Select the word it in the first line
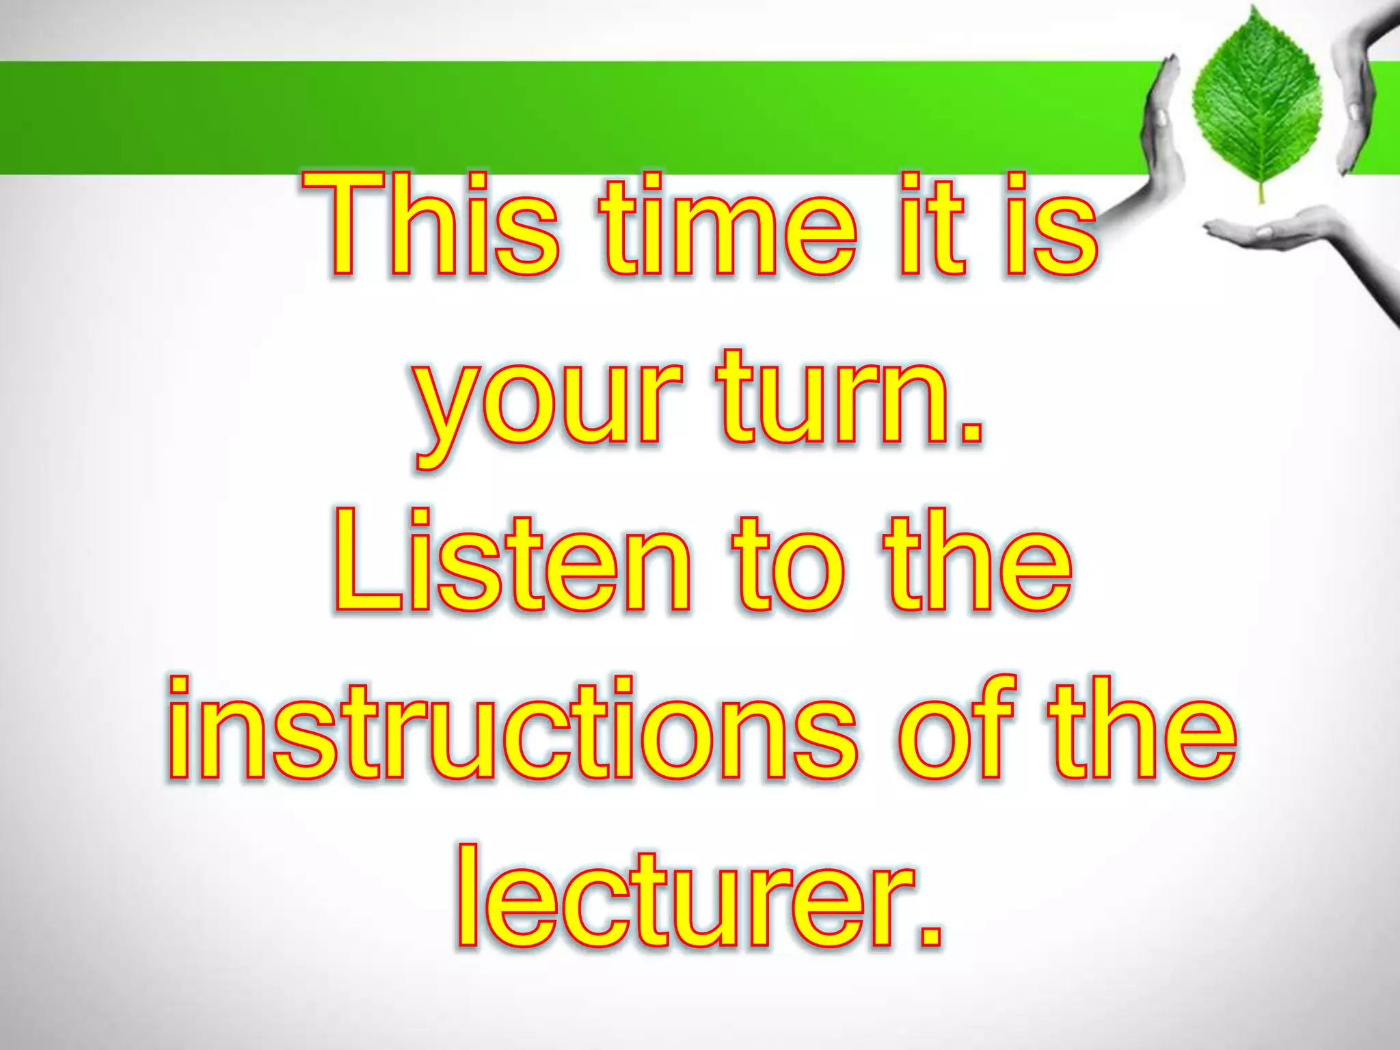[932, 226]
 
